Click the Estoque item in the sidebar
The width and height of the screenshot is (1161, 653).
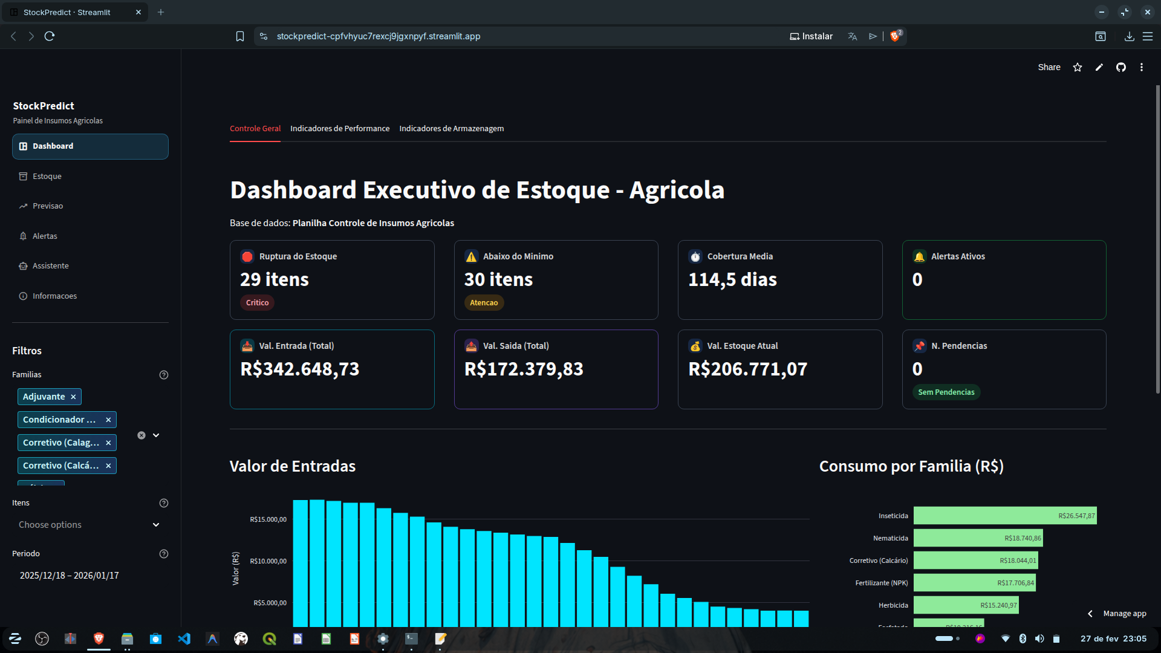click(x=47, y=177)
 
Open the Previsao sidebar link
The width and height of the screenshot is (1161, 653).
click(x=48, y=206)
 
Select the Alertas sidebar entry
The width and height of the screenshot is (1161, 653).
click(x=45, y=236)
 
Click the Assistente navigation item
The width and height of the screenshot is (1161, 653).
click(x=50, y=266)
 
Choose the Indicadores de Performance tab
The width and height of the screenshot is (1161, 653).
click(x=340, y=129)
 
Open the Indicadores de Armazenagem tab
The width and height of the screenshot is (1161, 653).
click(x=451, y=129)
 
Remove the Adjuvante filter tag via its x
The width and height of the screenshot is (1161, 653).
click(x=73, y=397)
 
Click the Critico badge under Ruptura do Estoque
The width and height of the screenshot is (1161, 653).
click(x=257, y=303)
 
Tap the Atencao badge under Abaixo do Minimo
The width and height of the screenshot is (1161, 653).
click(x=484, y=303)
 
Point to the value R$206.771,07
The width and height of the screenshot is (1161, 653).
click(x=747, y=369)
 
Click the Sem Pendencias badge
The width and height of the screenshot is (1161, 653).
click(x=946, y=392)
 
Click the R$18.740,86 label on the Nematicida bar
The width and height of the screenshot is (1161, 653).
click(x=1023, y=538)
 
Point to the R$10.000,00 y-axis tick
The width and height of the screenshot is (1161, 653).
click(x=268, y=561)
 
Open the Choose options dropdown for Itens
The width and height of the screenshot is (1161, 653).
click(x=89, y=525)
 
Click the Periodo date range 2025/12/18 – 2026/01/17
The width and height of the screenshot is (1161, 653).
click(x=70, y=576)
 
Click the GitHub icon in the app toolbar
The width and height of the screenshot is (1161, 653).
click(x=1120, y=68)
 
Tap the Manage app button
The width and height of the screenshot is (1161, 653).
click(x=1124, y=614)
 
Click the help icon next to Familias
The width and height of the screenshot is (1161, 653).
click(x=163, y=375)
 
